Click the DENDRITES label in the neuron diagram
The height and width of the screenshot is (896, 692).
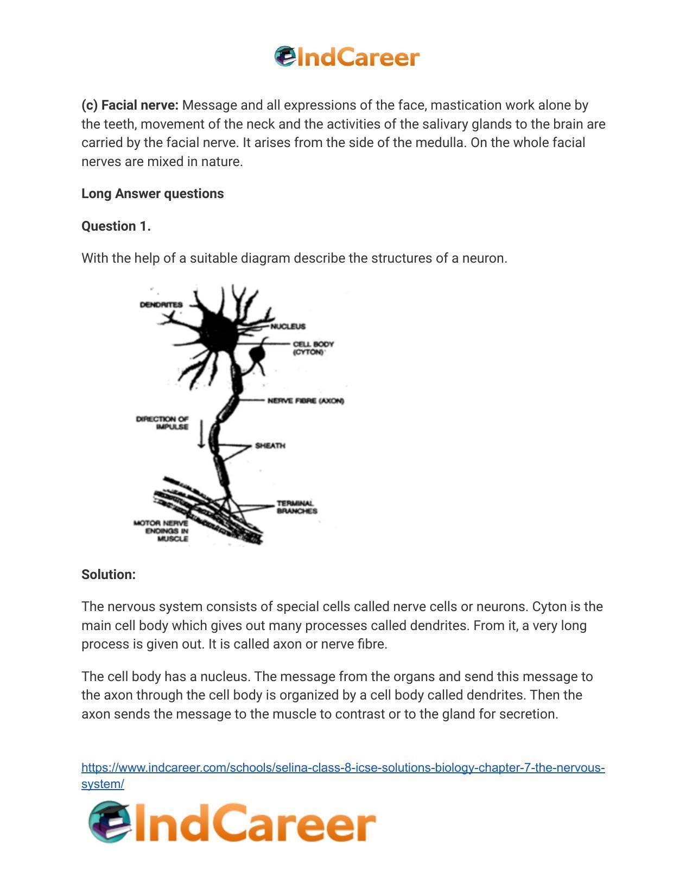pos(161,304)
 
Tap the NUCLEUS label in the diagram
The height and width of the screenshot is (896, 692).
pos(288,326)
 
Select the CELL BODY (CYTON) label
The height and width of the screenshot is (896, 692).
pos(313,348)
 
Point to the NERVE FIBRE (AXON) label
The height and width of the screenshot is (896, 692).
pos(306,401)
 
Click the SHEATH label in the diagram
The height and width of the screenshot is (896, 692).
pos(270,446)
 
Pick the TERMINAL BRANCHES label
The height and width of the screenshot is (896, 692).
pos(296,507)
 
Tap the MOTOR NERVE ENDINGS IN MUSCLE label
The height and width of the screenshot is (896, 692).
pos(162,531)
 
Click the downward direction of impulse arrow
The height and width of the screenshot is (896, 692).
pos(201,434)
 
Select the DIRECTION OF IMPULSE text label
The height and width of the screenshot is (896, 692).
pos(163,423)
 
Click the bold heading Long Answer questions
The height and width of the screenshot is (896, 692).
pos(153,194)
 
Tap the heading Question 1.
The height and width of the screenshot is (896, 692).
pos(116,226)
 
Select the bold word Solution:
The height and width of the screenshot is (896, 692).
pos(109,574)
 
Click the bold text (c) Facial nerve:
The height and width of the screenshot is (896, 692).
pos(130,105)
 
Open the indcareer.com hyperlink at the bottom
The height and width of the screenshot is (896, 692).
pos(343,768)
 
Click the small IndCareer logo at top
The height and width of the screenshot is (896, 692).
pos(347,57)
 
